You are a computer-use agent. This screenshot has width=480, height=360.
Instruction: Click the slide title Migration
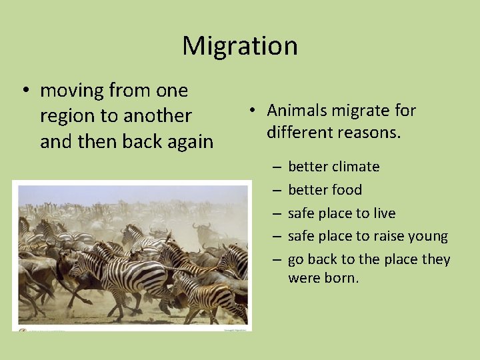tap(239, 46)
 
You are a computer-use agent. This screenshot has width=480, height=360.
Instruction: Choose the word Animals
tap(298, 111)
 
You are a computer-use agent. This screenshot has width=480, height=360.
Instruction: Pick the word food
tap(347, 190)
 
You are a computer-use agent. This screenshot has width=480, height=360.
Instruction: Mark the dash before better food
tap(275, 190)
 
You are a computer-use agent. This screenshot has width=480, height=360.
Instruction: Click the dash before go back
tap(275, 259)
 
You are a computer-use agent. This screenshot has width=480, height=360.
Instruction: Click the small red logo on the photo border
tap(22, 329)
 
